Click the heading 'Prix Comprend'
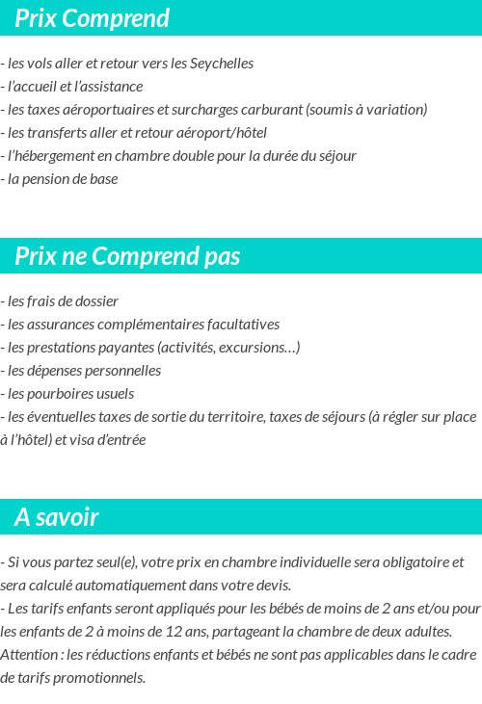click(92, 18)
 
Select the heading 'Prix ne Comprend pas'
click(127, 256)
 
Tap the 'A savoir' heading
click(56, 517)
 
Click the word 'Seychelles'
click(222, 64)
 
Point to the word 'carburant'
click(270, 110)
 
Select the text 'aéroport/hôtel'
click(222, 133)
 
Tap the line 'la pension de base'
click(62, 179)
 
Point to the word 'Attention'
click(29, 655)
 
